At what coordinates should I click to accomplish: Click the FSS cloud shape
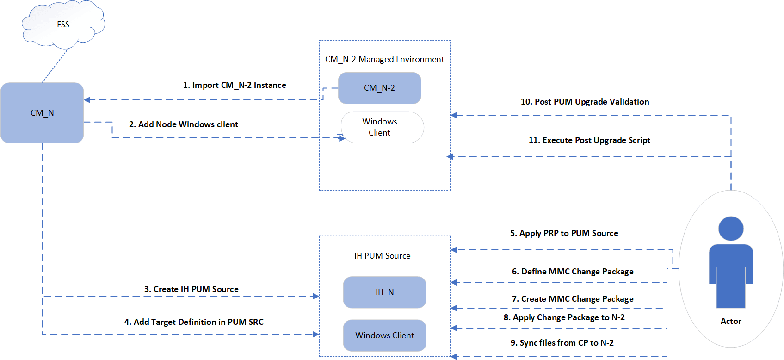[63, 25]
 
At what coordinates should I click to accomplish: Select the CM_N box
[42, 113]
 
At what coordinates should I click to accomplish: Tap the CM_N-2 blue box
[379, 88]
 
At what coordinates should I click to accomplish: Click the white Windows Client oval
[382, 127]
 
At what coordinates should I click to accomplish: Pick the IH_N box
[384, 292]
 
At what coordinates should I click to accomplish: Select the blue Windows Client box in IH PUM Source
[384, 335]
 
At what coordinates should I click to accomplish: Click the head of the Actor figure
[731, 228]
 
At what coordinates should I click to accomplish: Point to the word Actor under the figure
[731, 321]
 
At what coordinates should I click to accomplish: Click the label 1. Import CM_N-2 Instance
[235, 85]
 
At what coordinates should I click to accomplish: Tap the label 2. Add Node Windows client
[183, 124]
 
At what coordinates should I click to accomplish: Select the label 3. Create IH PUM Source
[191, 289]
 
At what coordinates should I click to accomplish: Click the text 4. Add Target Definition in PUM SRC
[194, 322]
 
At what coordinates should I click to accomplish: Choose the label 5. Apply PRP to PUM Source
[564, 233]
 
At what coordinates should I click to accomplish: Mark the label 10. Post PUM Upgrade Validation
[585, 102]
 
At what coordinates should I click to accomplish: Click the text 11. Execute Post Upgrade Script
[589, 140]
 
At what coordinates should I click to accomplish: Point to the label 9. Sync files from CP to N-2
[562, 343]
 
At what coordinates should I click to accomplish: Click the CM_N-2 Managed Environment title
[384, 59]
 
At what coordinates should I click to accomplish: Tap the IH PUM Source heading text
[382, 256]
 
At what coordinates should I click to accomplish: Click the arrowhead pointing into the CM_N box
[87, 100]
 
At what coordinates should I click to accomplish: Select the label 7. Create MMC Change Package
[573, 299]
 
